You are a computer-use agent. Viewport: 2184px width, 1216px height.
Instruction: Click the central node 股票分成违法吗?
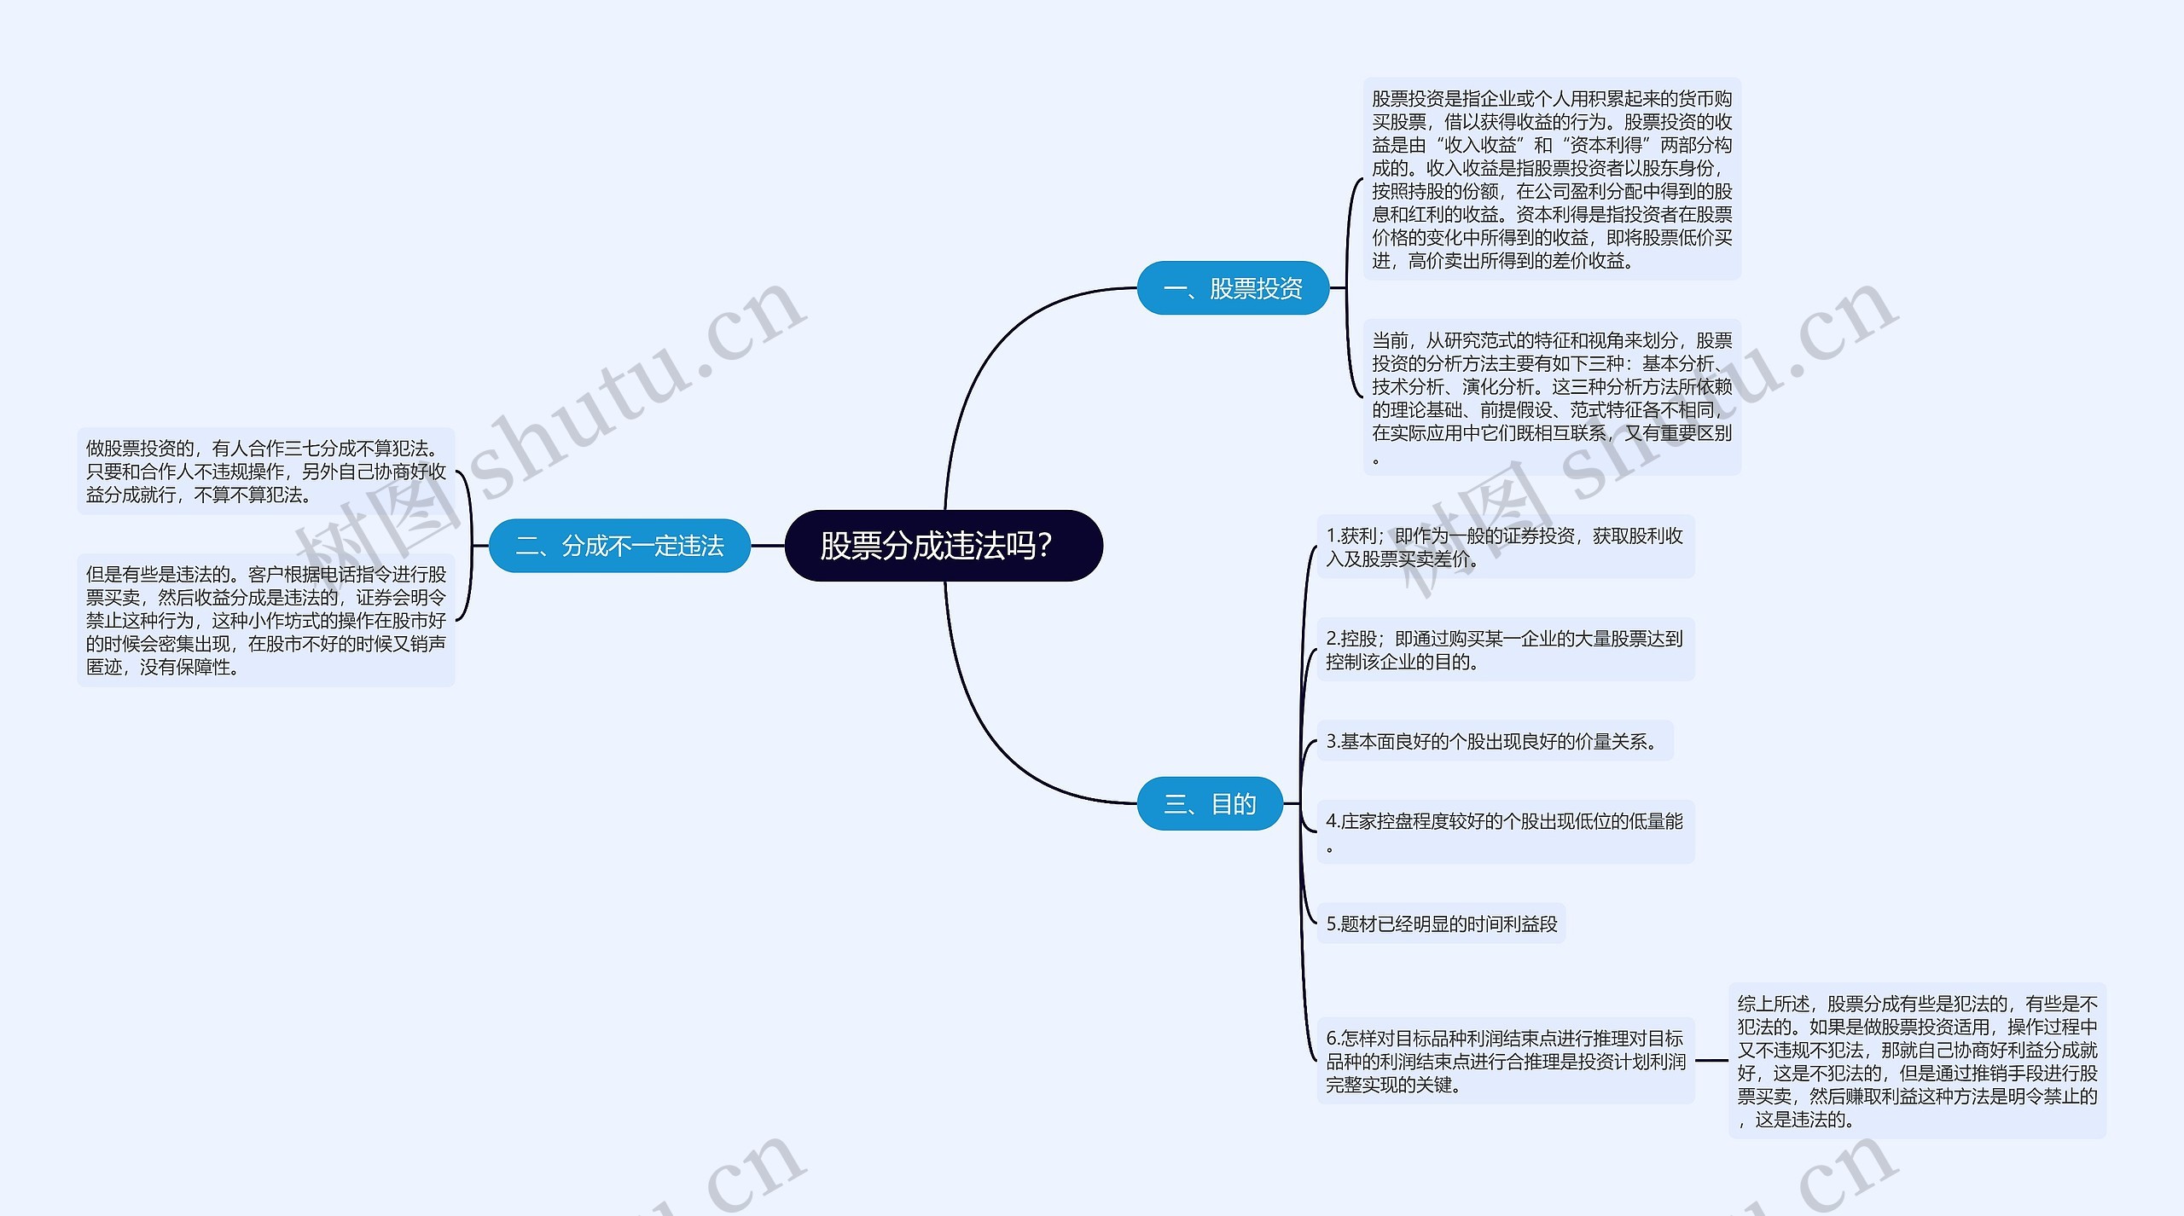click(943, 546)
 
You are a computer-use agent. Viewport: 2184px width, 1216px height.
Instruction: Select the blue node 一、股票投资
click(1233, 288)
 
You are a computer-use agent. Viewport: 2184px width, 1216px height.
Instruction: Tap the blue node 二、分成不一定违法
click(619, 546)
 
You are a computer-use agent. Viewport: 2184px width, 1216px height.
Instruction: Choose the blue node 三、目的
click(1210, 803)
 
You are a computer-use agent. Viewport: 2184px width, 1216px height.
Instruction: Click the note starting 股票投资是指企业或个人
click(1551, 179)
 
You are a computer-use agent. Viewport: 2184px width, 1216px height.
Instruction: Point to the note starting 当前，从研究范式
click(1551, 397)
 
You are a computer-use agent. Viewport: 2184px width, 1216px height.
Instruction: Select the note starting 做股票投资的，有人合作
click(265, 471)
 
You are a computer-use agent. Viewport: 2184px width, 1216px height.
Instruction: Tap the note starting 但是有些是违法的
click(265, 620)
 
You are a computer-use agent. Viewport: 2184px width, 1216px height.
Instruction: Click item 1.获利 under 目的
click(1505, 547)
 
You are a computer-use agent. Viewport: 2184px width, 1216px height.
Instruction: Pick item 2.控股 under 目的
click(1505, 650)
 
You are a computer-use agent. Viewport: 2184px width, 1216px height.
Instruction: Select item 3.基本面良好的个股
click(1494, 741)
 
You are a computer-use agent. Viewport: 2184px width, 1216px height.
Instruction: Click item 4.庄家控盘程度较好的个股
click(1505, 831)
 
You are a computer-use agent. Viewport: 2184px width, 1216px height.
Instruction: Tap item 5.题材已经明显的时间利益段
click(1441, 924)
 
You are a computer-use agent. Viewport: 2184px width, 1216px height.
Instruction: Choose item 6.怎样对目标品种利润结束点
click(1505, 1061)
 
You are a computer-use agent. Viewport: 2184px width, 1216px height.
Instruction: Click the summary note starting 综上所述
click(1917, 1061)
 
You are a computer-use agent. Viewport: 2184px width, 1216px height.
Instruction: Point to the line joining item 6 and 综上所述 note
click(1711, 1061)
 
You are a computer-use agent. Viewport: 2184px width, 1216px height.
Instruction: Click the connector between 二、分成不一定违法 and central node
click(768, 546)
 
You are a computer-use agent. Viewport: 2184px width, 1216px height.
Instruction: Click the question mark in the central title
click(1044, 546)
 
